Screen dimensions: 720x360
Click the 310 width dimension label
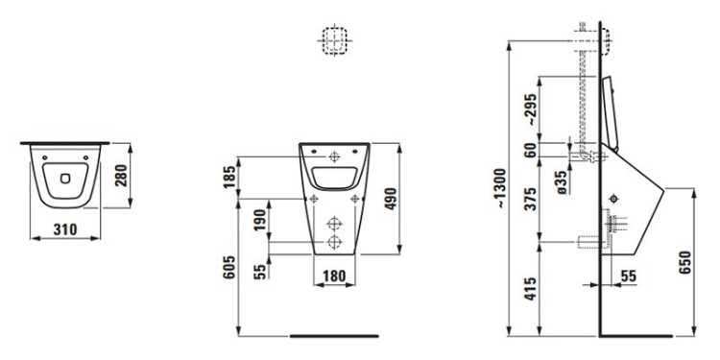[65, 228]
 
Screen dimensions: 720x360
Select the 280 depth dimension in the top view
[121, 176]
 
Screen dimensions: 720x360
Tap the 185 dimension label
[229, 177]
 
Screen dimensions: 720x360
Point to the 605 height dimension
[229, 266]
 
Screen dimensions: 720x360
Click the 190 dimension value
[259, 221]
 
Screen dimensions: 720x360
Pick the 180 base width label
[334, 276]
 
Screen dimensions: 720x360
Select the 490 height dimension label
[390, 199]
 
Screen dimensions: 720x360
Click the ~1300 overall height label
[500, 188]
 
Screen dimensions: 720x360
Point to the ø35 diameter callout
[563, 182]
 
